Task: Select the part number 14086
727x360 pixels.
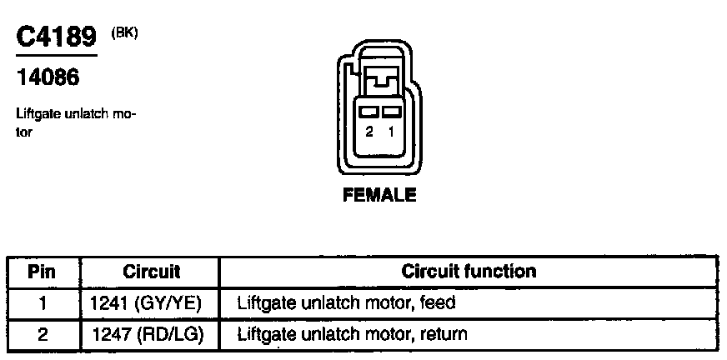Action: (48, 80)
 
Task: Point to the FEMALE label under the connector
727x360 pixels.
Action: (379, 197)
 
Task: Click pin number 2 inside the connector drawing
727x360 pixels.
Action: (369, 132)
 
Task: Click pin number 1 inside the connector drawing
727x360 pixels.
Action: (390, 132)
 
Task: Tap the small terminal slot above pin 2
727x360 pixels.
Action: (368, 111)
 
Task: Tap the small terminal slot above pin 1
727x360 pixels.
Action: (390, 111)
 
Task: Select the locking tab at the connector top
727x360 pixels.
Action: (379, 82)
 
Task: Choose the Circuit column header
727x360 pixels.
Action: (152, 272)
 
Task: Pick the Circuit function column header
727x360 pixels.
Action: (469, 272)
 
